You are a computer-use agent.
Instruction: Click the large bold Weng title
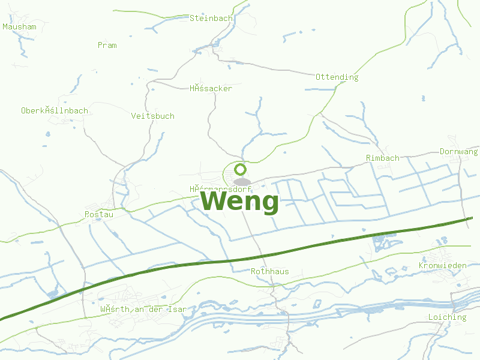click(x=239, y=202)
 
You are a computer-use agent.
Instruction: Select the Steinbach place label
click(x=211, y=18)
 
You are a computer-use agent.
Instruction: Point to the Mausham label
click(x=19, y=26)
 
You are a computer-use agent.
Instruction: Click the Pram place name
click(x=107, y=45)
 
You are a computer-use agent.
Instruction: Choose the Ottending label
click(x=337, y=77)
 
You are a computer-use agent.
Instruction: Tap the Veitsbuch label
click(x=152, y=116)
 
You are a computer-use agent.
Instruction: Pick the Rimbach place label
click(x=382, y=158)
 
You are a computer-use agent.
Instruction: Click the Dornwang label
click(x=458, y=151)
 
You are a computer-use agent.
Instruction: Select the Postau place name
click(x=99, y=214)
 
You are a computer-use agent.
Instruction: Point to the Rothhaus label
click(x=269, y=271)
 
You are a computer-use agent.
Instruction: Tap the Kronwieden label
click(x=442, y=265)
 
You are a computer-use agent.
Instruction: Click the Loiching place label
click(x=447, y=317)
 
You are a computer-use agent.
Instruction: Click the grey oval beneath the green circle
click(x=241, y=181)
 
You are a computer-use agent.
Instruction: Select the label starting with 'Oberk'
click(x=55, y=110)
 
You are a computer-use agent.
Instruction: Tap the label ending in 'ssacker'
click(x=211, y=88)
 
